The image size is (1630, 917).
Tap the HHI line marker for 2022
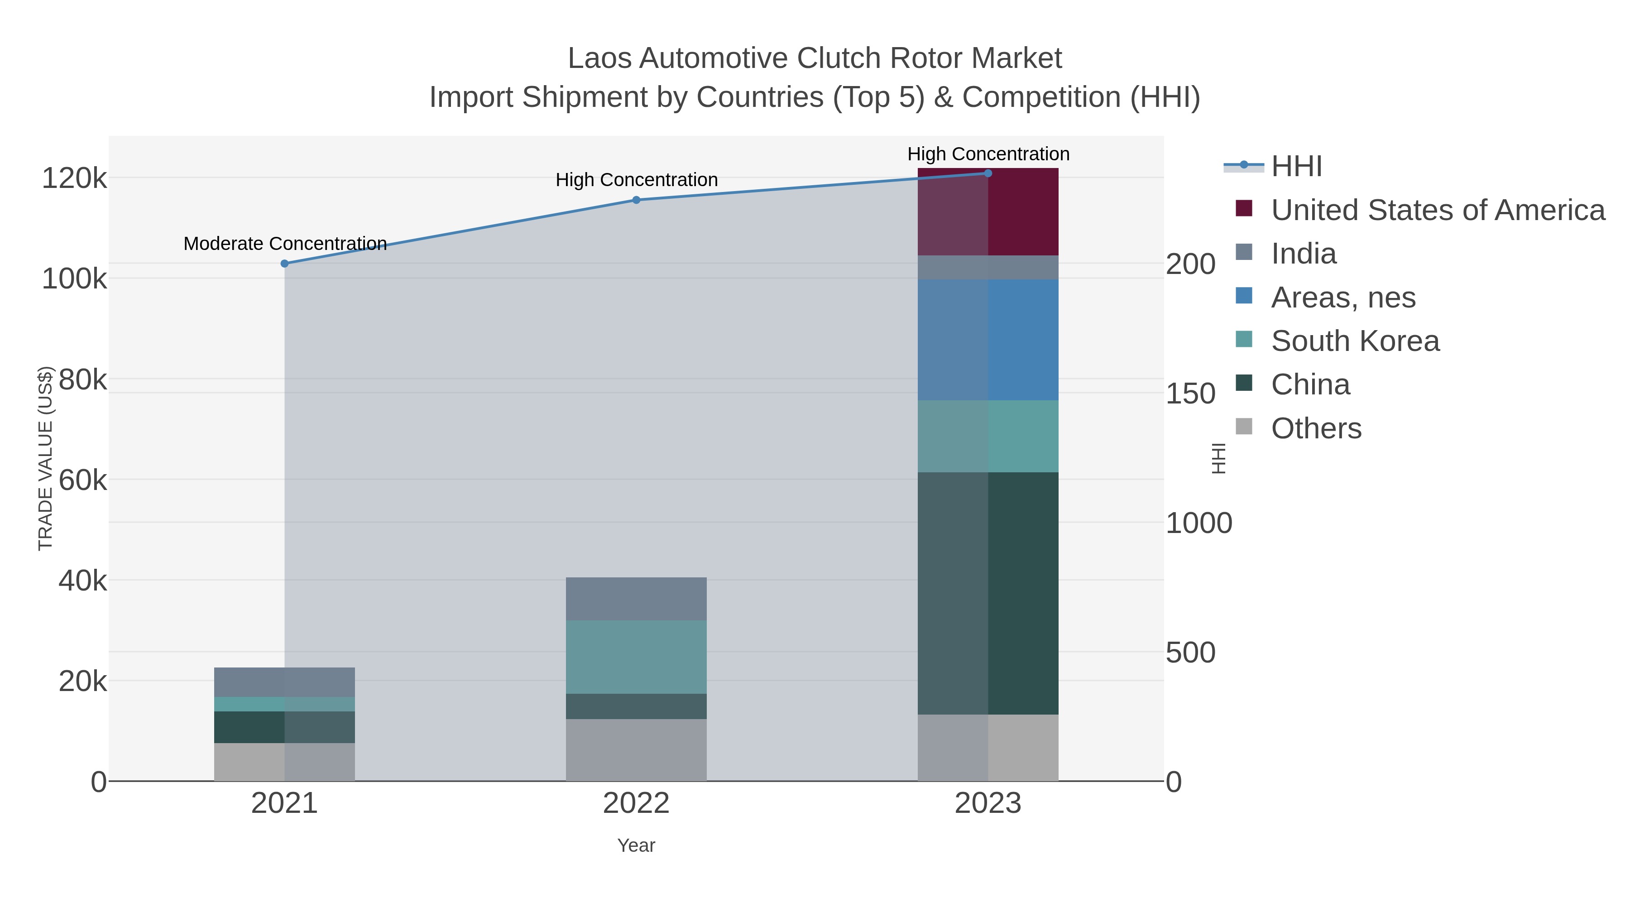[x=636, y=200]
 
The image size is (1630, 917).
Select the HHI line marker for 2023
[x=988, y=173]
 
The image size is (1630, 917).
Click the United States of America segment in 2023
[x=988, y=212]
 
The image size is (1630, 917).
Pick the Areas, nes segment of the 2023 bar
[x=988, y=339]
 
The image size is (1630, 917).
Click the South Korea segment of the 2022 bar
[x=636, y=657]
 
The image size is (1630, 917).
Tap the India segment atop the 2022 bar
[x=636, y=599]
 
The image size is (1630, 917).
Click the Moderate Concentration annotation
[x=285, y=244]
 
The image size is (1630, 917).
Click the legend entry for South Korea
[x=1355, y=341]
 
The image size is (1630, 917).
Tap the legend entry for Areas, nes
[x=1343, y=298]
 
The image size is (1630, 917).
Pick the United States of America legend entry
[x=1438, y=210]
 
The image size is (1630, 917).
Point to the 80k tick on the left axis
[x=82, y=380]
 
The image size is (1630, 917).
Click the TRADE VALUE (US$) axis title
[x=46, y=458]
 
